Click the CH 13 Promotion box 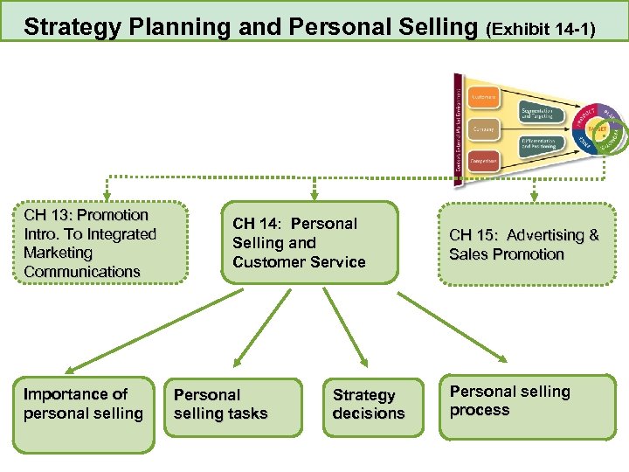click(100, 243)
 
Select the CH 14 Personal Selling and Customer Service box click(309, 243)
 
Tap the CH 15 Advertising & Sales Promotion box click(524, 245)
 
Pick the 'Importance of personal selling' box click(83, 413)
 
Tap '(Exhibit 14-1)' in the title click(541, 30)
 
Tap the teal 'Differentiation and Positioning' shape click(543, 145)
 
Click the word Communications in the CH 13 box click(82, 272)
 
